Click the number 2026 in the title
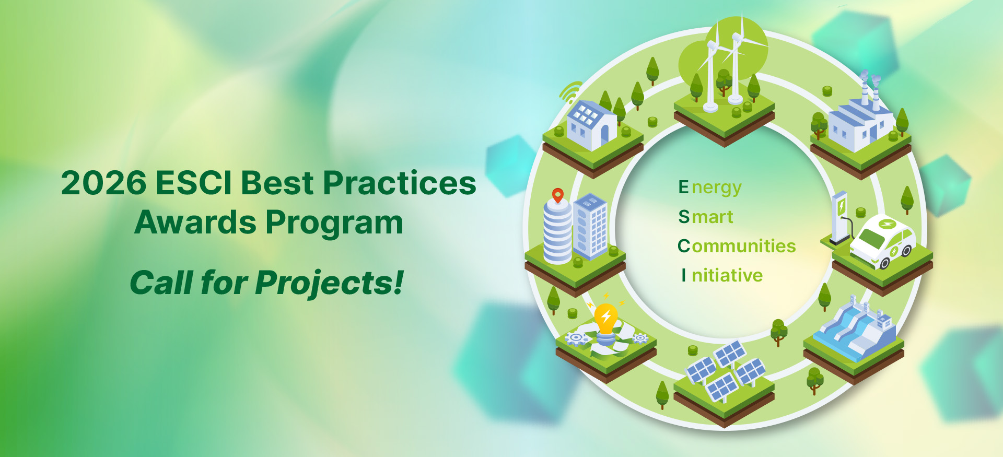(104, 183)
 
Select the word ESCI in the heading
(193, 183)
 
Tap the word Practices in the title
(400, 183)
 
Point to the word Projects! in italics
(330, 284)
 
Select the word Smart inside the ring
(706, 217)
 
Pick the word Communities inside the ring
(737, 245)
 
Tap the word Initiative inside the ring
(722, 275)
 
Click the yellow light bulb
(606, 318)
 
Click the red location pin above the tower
(558, 196)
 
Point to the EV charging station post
(839, 217)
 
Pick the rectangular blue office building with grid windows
(591, 226)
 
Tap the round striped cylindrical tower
(558, 232)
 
